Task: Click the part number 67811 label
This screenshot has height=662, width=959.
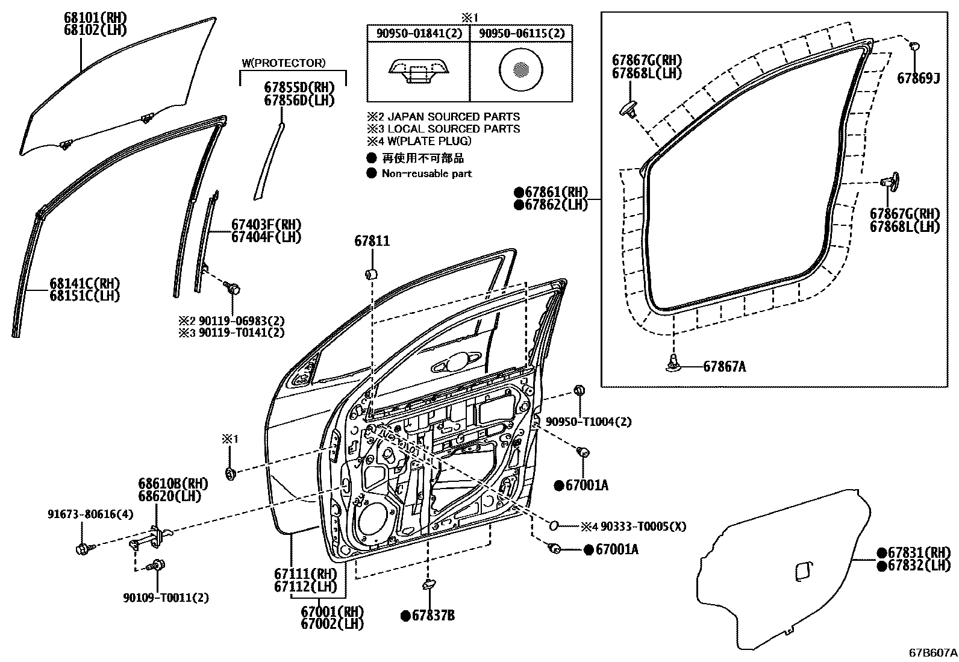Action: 372,241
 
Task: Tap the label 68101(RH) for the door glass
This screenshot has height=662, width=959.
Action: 95,17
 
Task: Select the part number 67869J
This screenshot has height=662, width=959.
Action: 918,78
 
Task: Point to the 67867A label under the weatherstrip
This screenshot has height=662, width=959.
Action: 724,366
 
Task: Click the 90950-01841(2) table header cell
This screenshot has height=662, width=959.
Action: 419,33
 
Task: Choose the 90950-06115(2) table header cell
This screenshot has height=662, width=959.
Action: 522,33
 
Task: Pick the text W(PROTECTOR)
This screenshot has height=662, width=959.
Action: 283,63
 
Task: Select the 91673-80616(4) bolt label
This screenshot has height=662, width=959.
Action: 90,514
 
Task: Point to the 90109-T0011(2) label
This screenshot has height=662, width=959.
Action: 166,598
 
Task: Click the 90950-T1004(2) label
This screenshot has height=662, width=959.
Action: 589,422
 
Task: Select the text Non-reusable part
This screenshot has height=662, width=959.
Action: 426,173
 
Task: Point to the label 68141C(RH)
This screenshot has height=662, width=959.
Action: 84,283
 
